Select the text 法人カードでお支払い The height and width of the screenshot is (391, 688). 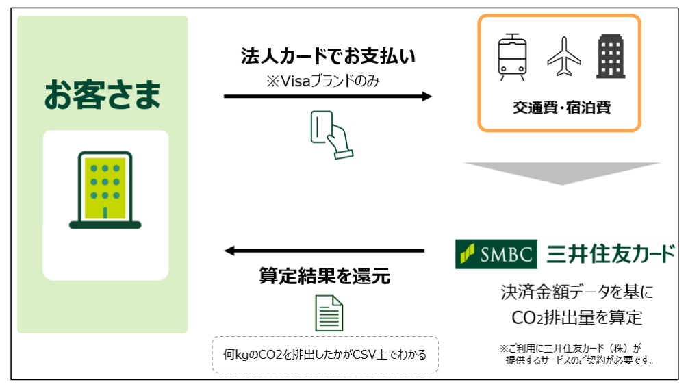tap(328, 56)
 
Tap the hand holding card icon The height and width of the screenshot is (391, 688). tap(329, 134)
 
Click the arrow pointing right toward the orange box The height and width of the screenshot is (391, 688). tap(328, 97)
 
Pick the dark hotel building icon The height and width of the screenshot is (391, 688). tap(611, 57)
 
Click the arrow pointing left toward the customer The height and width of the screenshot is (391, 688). tap(324, 251)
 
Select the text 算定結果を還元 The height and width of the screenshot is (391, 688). tap(324, 276)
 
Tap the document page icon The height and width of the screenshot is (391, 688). tap(329, 313)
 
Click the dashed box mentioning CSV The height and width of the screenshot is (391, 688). tap(325, 354)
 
